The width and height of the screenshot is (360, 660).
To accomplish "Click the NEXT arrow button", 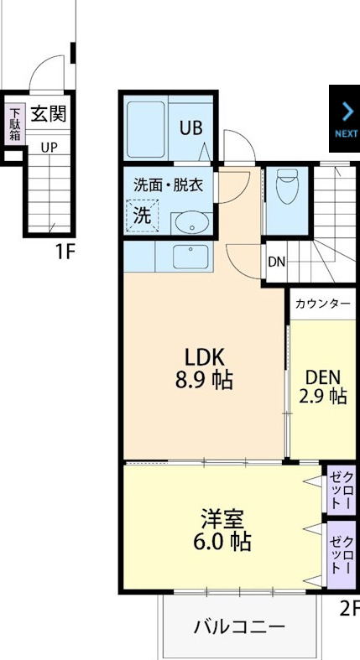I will [x=345, y=118].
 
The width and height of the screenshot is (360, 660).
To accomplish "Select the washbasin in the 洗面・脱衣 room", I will [x=191, y=223].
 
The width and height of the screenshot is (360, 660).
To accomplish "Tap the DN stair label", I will [x=276, y=262].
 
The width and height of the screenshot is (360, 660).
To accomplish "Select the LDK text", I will [x=204, y=355].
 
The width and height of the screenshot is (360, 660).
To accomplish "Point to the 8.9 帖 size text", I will [x=204, y=380].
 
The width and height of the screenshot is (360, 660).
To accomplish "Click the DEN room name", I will [x=323, y=376].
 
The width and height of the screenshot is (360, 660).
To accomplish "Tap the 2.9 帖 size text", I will [x=323, y=396].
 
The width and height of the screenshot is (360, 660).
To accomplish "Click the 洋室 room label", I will [x=222, y=517].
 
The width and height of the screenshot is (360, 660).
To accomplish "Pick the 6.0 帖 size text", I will [x=222, y=542].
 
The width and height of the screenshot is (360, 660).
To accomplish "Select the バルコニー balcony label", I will [x=239, y=626].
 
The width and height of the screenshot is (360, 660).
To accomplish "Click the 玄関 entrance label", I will [x=49, y=114].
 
